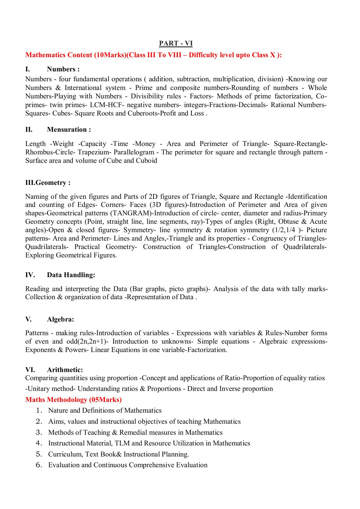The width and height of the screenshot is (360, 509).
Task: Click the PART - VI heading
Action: coord(176,44)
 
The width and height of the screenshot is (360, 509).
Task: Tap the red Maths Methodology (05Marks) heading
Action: coord(73,400)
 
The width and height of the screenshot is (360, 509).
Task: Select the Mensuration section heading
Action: coord(69,129)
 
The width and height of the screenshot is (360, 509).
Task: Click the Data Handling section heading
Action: coord(71,275)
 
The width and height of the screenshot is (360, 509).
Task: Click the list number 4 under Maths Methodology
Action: coord(39,443)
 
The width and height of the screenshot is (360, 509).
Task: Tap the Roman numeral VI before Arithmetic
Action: coord(30,370)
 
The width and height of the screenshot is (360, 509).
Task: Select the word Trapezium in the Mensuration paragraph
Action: coord(94,152)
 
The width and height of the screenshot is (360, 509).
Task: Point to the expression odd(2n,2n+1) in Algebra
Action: coord(86,342)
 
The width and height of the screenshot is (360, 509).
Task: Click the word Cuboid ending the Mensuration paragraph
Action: coord(146,161)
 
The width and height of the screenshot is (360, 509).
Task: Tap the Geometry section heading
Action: coord(48,183)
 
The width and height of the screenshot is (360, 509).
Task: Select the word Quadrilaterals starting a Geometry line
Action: coord(47,247)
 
